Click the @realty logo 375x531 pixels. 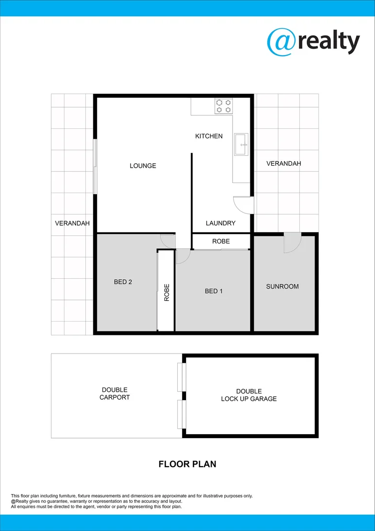click(x=313, y=41)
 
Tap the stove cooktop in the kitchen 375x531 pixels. click(x=223, y=106)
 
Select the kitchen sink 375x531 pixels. click(x=241, y=144)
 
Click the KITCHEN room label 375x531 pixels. click(x=209, y=136)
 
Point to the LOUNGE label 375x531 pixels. click(x=143, y=166)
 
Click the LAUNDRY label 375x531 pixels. click(x=220, y=223)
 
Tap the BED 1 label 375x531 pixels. click(x=214, y=291)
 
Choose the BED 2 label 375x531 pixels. click(x=123, y=282)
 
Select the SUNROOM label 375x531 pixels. click(x=282, y=287)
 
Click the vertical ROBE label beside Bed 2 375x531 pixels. click(x=167, y=293)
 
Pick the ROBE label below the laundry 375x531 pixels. click(x=220, y=241)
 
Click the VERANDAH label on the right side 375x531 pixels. click(x=284, y=164)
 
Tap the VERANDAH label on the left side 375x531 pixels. click(x=72, y=223)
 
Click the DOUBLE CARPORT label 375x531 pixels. click(x=114, y=394)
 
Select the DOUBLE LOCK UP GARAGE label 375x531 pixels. click(x=249, y=395)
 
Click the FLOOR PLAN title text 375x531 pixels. click(x=187, y=464)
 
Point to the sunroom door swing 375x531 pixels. click(x=292, y=243)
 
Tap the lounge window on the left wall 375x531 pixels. click(x=95, y=166)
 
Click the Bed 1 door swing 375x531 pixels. click(x=183, y=256)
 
